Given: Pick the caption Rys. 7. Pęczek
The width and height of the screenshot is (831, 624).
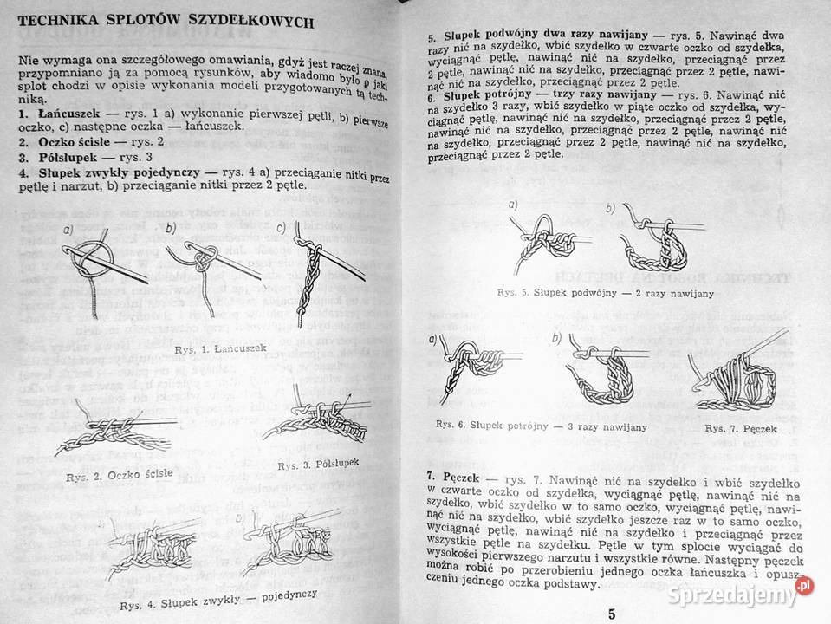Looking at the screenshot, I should [740, 428].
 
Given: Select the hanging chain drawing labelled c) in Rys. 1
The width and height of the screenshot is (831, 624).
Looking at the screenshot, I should [305, 277].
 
